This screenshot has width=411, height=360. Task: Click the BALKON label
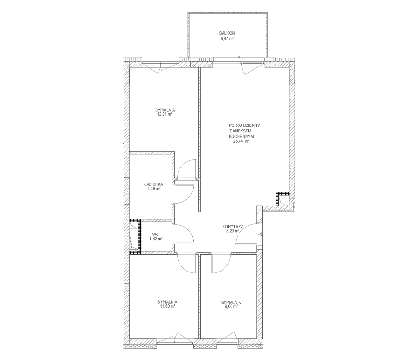[227, 33]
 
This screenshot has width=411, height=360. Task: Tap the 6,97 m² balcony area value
[227, 38]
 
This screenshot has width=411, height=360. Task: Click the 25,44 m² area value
[241, 141]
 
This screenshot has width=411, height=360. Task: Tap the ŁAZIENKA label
[153, 184]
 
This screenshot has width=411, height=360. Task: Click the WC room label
[155, 235]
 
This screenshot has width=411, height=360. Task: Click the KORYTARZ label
[233, 227]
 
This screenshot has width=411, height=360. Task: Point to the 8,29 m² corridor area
[232, 231]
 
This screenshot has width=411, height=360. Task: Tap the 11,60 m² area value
[167, 306]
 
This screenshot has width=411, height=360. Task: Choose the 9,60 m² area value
[231, 306]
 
